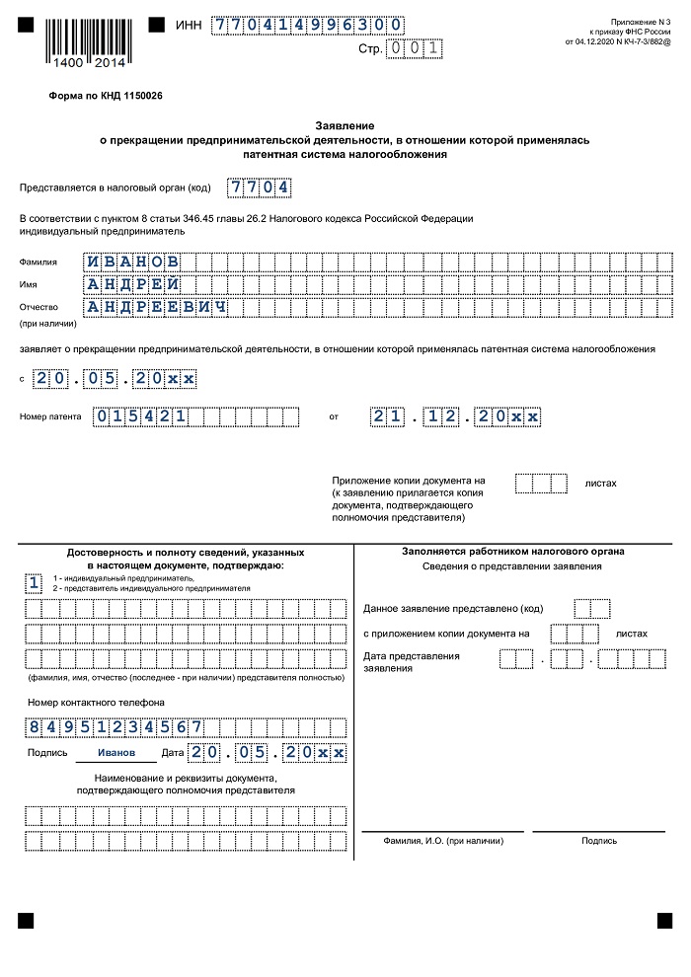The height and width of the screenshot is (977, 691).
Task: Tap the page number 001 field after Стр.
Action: coord(416,46)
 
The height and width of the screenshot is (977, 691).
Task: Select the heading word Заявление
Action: coord(345,126)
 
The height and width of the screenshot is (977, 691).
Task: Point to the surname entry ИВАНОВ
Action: coord(132,262)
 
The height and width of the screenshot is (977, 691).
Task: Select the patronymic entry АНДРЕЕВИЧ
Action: coord(157,307)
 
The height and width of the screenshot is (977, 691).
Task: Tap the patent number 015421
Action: coord(140,416)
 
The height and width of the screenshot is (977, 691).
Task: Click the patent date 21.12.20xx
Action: coord(457,416)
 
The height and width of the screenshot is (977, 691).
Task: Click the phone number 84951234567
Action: coord(115,727)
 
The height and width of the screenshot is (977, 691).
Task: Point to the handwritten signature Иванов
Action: coord(116,753)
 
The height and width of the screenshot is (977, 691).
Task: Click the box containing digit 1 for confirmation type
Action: coord(35,582)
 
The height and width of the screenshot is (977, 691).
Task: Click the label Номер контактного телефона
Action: coord(82,703)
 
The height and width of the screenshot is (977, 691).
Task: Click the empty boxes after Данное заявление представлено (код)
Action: coord(592,608)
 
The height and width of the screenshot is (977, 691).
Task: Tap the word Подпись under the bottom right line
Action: coord(599,841)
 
